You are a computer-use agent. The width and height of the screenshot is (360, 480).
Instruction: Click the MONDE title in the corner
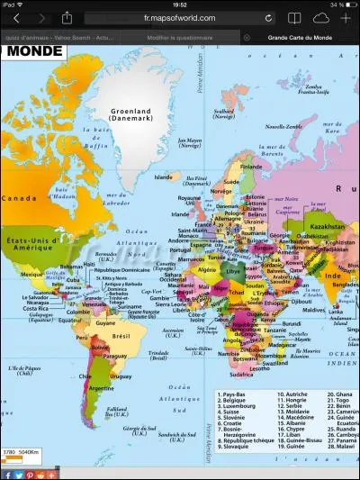[33, 51]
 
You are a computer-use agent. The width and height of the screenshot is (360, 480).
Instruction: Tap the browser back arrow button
[16, 18]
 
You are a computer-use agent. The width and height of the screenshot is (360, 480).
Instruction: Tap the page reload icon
[268, 18]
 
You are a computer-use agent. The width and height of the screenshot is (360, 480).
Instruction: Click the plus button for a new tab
[346, 18]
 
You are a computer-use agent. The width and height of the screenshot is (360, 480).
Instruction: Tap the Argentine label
[101, 388]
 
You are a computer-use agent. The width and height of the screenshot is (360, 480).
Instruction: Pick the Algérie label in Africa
[207, 269]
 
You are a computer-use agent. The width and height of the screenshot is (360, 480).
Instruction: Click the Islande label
[163, 177]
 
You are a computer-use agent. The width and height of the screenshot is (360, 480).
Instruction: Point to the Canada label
[17, 198]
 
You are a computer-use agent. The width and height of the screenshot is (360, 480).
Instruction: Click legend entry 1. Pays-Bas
[235, 394]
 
